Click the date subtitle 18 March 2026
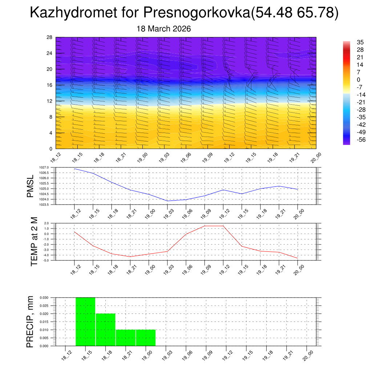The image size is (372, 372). tap(164, 29)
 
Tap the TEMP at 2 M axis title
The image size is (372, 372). tap(35, 242)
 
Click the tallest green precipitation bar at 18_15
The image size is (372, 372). tap(85, 322)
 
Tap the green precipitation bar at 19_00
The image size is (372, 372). tap(146, 338)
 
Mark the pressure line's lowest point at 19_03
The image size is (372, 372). tap(167, 201)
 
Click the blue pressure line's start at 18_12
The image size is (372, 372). tap(74, 169)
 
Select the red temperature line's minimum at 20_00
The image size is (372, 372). tap(298, 258)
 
